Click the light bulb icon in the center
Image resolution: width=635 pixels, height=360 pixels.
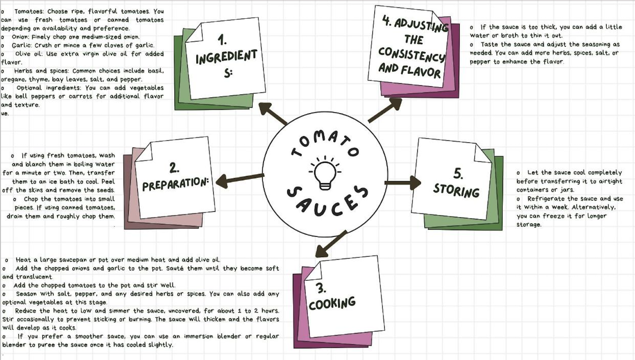click(325, 173)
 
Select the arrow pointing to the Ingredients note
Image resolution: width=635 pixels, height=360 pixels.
click(273, 113)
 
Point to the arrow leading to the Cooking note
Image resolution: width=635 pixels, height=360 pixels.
click(331, 243)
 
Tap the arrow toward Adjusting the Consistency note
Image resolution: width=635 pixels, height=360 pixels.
click(385, 110)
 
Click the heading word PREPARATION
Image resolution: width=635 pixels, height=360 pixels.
click(175, 184)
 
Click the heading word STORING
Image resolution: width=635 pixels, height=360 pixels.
click(456, 190)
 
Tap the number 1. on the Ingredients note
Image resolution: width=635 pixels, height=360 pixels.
click(222, 40)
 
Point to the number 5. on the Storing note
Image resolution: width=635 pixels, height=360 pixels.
click(458, 173)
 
